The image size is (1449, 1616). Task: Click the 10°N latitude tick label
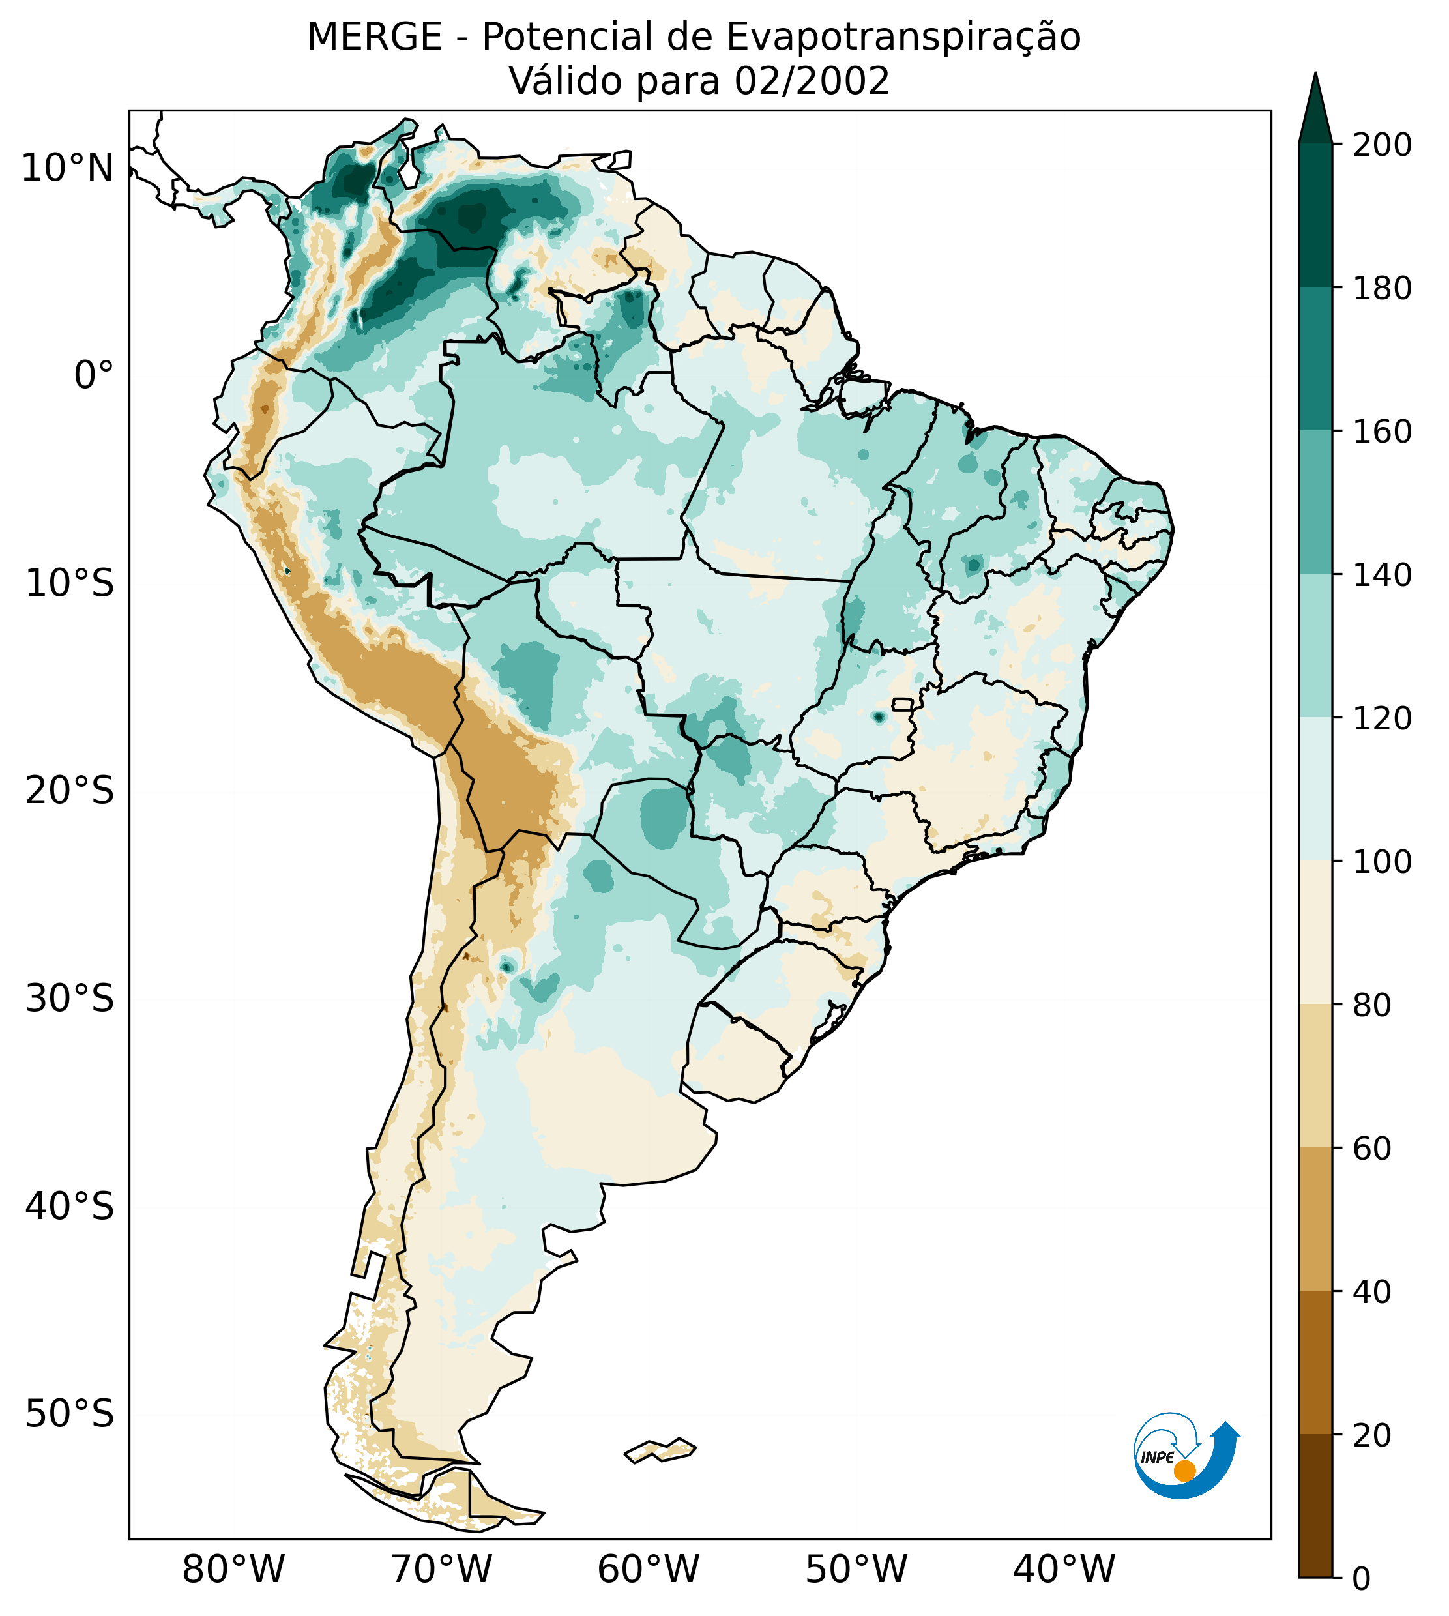[68, 169]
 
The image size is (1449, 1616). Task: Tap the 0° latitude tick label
[94, 375]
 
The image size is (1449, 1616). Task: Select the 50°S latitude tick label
[70, 1414]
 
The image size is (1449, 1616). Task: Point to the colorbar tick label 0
[1362, 1579]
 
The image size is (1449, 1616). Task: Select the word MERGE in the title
[374, 37]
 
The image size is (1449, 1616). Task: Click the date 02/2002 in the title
[812, 81]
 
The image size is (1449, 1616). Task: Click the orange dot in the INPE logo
[1184, 1471]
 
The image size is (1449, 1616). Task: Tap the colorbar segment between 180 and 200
[1315, 216]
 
